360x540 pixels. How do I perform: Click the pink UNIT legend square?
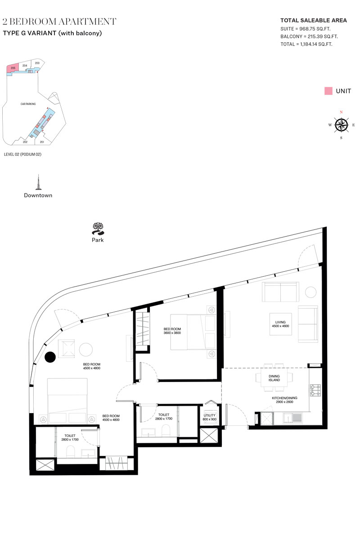[x=328, y=91]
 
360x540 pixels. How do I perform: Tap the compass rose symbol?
[x=341, y=125]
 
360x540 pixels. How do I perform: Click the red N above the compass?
[x=341, y=112]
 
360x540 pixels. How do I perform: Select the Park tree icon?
[x=98, y=228]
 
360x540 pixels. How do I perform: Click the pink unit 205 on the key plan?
[x=13, y=68]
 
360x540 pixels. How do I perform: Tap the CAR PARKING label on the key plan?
[x=28, y=104]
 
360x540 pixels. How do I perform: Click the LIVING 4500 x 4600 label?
[x=280, y=324]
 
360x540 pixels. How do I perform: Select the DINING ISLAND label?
[x=274, y=378]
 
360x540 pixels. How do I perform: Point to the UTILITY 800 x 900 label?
[x=210, y=417]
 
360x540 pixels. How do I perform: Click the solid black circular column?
[x=50, y=357]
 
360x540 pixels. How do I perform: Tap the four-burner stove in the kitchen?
[x=315, y=390]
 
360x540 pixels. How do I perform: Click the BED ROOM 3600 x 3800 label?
[x=172, y=331]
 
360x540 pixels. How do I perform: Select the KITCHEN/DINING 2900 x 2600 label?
[x=284, y=400]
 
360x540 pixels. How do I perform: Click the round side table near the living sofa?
[x=310, y=292]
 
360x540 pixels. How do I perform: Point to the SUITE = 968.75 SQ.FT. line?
[x=305, y=29]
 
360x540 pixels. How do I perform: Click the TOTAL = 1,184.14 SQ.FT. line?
[x=306, y=44]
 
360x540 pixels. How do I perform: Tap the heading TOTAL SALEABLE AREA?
[x=314, y=21]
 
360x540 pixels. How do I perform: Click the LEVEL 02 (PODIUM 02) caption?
[x=22, y=154]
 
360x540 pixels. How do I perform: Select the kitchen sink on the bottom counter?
[x=292, y=418]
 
